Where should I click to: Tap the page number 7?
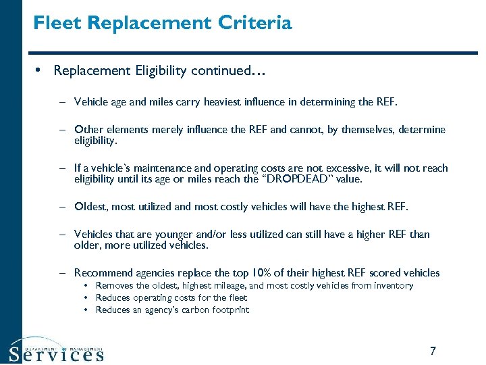pyautogui.click(x=433, y=351)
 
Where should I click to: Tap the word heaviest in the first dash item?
pyautogui.click(x=221, y=103)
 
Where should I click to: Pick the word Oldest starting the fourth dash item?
pyautogui.click(x=90, y=207)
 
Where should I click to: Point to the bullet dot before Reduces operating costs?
pyautogui.click(x=88, y=298)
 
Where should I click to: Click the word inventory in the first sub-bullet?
pyautogui.click(x=392, y=286)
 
